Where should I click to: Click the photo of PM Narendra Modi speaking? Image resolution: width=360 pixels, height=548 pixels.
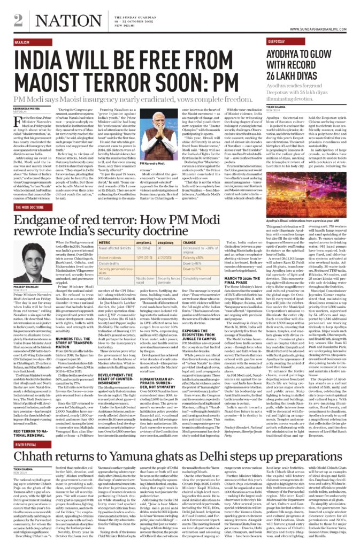[186, 134]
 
